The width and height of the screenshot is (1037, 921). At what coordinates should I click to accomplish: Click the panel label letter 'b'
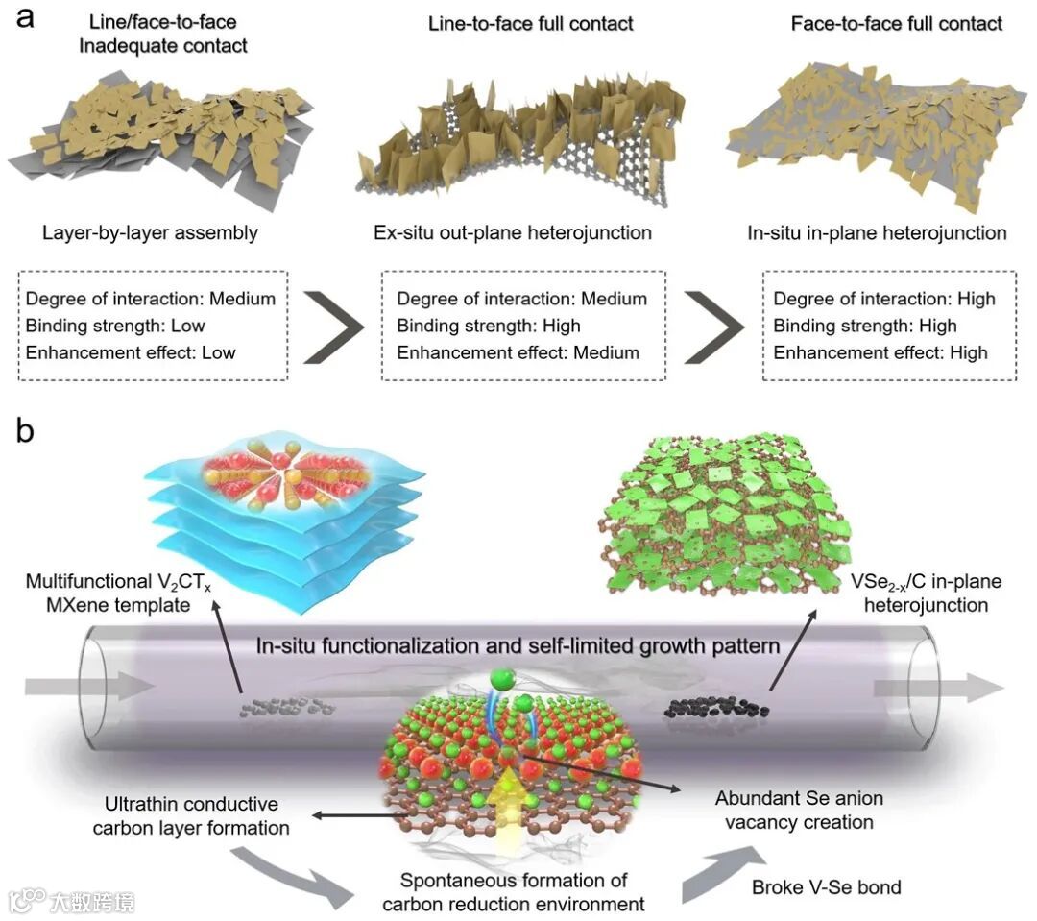[25, 431]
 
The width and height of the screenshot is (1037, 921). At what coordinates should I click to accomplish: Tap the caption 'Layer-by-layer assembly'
[149, 232]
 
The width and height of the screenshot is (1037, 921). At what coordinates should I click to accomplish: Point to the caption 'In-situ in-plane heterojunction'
[876, 232]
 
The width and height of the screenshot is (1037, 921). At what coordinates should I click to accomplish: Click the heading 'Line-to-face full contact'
[531, 22]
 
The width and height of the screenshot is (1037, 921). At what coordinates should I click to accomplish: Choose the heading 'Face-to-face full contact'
[896, 22]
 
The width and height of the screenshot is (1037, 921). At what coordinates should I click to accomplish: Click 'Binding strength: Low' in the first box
[115, 326]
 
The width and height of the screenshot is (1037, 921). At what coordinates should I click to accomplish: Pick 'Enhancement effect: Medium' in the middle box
[518, 352]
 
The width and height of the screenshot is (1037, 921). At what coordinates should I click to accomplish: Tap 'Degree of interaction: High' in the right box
[884, 299]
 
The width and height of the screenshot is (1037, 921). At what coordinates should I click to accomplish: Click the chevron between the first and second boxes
[332, 325]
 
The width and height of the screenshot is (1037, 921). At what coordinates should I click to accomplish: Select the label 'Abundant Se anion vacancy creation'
[798, 810]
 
